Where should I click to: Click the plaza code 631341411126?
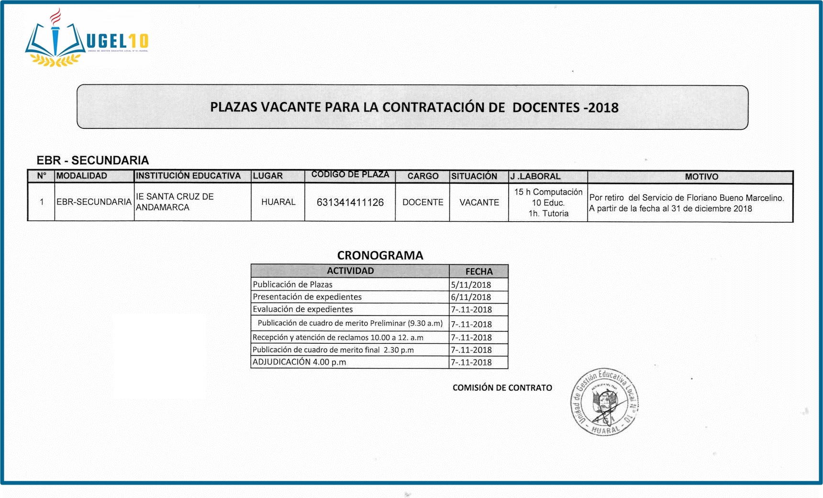(350, 203)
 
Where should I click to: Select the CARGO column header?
(423, 176)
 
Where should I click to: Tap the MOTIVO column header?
(701, 177)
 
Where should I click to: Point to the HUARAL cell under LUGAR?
(278, 202)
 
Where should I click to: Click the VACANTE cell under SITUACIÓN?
(479, 203)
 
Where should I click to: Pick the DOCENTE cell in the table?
(423, 203)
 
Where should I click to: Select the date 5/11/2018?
(471, 285)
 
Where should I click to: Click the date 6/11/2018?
(471, 297)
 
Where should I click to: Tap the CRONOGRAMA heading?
(380, 255)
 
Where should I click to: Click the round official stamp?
(605, 402)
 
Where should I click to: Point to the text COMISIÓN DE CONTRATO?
(502, 388)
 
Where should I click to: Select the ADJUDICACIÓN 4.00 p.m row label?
(300, 362)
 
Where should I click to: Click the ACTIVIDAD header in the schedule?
(350, 271)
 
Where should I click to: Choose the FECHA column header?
(479, 272)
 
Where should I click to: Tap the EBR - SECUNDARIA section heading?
(93, 160)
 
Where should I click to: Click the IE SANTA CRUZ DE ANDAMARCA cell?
(175, 202)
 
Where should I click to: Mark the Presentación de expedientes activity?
(307, 297)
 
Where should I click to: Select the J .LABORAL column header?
(535, 176)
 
